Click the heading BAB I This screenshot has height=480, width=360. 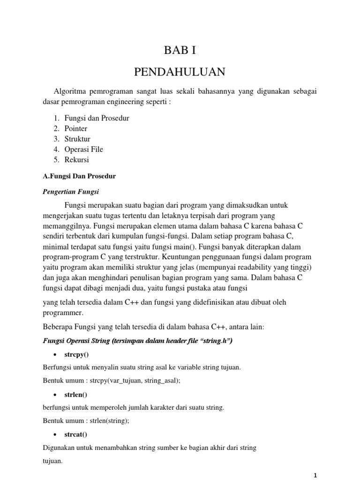click(x=180, y=51)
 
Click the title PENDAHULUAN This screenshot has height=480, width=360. click(x=180, y=72)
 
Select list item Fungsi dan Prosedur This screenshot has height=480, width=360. click(x=97, y=118)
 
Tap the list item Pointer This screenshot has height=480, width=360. click(x=76, y=128)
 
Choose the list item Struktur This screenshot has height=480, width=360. click(x=77, y=139)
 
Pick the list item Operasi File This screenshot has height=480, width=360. click(x=84, y=149)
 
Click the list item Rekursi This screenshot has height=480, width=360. click(x=76, y=159)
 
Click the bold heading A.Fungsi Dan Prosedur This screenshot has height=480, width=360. click(x=75, y=176)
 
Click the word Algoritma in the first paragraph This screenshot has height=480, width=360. click(x=71, y=92)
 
